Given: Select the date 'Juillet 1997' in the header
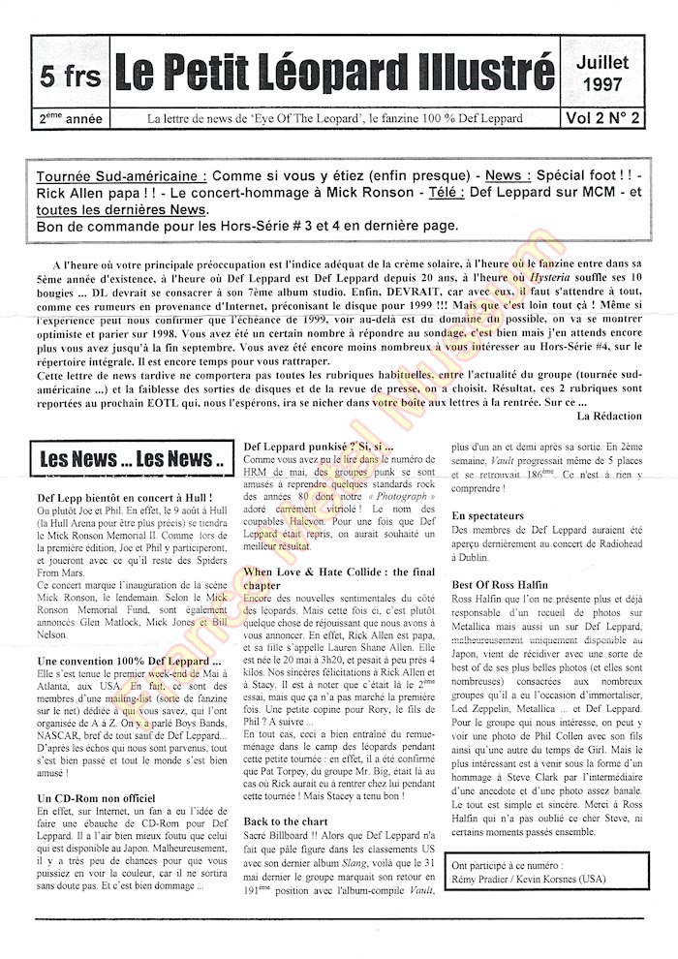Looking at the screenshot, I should click(x=602, y=72).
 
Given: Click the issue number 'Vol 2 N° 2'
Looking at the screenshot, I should click(x=602, y=118).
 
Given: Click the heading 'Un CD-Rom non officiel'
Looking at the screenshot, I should click(x=97, y=796).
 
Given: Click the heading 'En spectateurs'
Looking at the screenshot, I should click(x=488, y=516).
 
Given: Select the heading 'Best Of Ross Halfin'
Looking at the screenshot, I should click(x=500, y=585).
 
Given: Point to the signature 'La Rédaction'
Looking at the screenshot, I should click(x=608, y=416).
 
